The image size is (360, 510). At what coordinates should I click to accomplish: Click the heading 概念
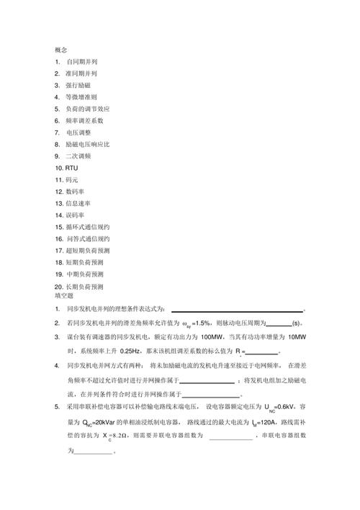click(61, 50)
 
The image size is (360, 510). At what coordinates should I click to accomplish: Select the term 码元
click(72, 179)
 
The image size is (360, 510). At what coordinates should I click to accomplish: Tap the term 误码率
click(76, 215)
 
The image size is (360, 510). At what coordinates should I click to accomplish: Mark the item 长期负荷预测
click(85, 285)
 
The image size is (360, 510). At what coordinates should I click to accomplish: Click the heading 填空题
click(65, 296)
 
